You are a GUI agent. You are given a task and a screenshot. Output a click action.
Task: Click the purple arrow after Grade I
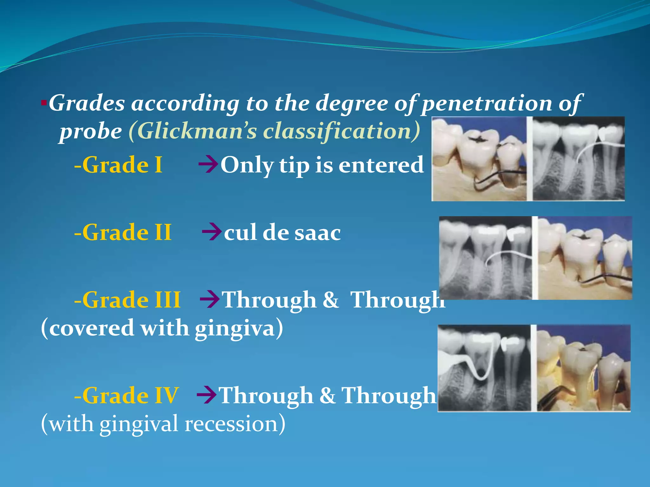pos(208,165)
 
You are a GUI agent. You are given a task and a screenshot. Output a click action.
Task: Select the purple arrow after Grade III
pos(209,300)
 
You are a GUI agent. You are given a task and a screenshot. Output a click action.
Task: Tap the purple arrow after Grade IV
pos(207,395)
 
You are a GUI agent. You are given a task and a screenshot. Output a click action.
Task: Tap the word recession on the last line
pos(235,424)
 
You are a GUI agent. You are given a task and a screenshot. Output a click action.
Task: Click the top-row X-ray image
pos(578,159)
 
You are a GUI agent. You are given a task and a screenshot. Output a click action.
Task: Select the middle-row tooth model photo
pos(585,258)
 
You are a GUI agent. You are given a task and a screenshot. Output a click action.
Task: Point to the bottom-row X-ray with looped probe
pos(484,368)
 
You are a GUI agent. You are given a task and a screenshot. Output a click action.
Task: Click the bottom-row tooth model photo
pos(583,368)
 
